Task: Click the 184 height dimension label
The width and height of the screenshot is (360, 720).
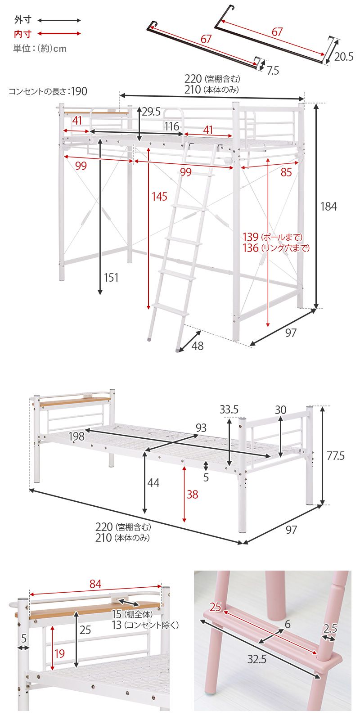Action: (328, 207)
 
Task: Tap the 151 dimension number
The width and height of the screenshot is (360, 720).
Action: (111, 277)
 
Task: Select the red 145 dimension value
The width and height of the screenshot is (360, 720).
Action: (160, 196)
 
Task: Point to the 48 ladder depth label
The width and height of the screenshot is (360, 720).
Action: (198, 346)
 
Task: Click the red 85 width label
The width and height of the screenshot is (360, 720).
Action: (286, 172)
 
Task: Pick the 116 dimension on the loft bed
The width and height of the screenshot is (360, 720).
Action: (172, 126)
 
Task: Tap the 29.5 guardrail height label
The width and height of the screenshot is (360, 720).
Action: (151, 112)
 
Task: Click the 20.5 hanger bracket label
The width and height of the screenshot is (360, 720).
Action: (344, 57)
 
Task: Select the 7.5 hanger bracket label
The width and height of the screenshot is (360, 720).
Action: (273, 70)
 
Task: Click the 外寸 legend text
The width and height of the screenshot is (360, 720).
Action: (23, 20)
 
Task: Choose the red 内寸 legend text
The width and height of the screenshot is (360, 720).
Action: (23, 33)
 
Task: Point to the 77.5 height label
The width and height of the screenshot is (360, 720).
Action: (336, 455)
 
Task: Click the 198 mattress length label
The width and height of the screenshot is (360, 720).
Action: (76, 436)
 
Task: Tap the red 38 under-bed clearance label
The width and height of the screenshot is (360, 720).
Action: (192, 495)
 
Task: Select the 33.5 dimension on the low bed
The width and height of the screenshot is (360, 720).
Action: (229, 409)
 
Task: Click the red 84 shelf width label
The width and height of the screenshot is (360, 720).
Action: (95, 584)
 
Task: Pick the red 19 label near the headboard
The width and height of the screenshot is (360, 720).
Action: (59, 653)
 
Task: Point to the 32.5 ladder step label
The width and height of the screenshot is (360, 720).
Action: (257, 659)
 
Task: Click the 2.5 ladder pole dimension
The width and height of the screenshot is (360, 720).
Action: (330, 628)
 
